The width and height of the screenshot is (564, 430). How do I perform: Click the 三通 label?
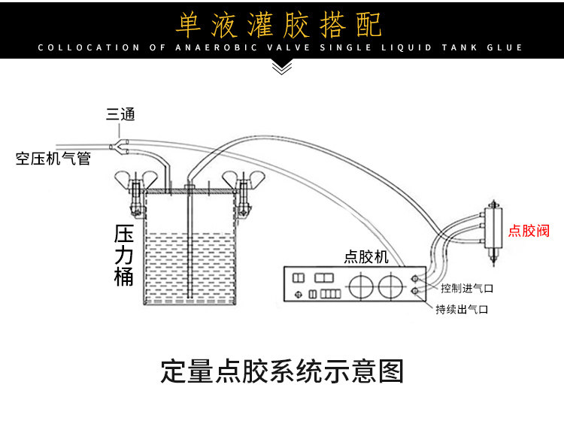pyautogui.click(x=120, y=114)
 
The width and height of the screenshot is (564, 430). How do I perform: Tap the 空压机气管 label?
pyautogui.click(x=53, y=158)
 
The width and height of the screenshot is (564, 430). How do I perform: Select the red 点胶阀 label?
pyautogui.click(x=529, y=231)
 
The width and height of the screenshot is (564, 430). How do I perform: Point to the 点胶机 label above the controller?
pyautogui.click(x=366, y=256)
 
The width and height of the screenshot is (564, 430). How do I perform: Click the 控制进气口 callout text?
pyautogui.click(x=467, y=288)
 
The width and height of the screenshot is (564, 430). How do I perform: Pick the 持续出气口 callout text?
pyautogui.click(x=462, y=309)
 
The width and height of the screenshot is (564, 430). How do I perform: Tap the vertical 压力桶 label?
pyautogui.click(x=124, y=255)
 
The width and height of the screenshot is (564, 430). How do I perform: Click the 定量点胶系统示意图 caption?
pyautogui.click(x=282, y=371)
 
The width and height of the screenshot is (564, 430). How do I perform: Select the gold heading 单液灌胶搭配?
pyautogui.click(x=279, y=25)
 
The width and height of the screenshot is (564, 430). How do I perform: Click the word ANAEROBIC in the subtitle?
pyautogui.click(x=217, y=47)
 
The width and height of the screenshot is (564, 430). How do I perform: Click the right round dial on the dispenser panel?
pyautogui.click(x=390, y=286)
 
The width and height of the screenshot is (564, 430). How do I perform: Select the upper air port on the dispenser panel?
pyautogui.click(x=414, y=279)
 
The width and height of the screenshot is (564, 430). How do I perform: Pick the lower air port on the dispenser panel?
pyautogui.click(x=414, y=290)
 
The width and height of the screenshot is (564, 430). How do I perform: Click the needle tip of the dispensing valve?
pyautogui.click(x=493, y=265)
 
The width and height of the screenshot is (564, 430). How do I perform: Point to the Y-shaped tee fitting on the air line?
pyautogui.click(x=119, y=147)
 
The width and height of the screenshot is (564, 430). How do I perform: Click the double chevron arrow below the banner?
pyautogui.click(x=282, y=68)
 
